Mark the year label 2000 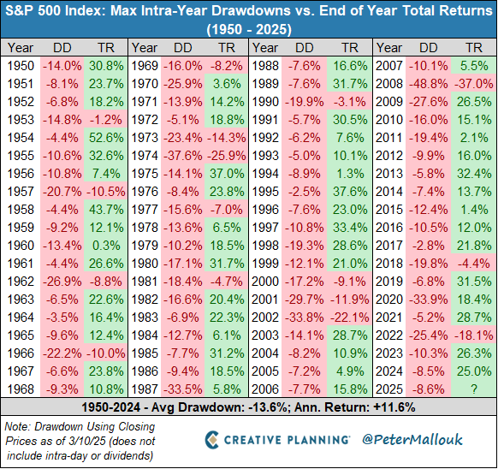(265, 279)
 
